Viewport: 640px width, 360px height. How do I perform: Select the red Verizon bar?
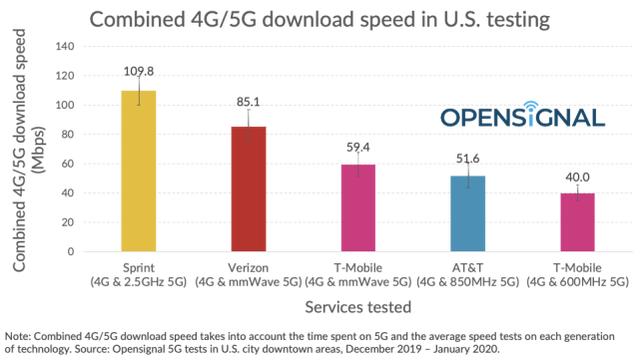(249, 189)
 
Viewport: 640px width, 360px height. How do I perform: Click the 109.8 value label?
(140, 72)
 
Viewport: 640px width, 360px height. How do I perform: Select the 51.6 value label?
(466, 158)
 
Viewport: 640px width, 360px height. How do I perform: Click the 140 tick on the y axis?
(63, 47)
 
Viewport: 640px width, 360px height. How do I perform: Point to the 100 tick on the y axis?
(63, 105)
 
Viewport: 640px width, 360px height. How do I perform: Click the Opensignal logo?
(522, 115)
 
